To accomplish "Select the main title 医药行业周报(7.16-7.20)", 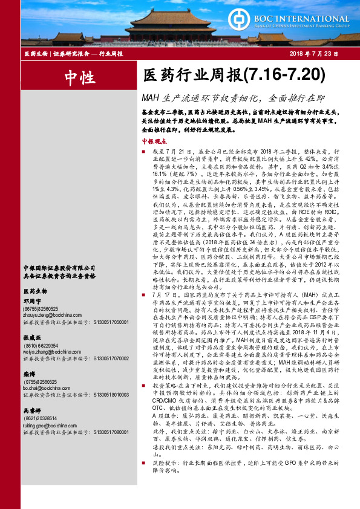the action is [x=231, y=76].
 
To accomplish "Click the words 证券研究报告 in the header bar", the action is [x=68, y=54].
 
